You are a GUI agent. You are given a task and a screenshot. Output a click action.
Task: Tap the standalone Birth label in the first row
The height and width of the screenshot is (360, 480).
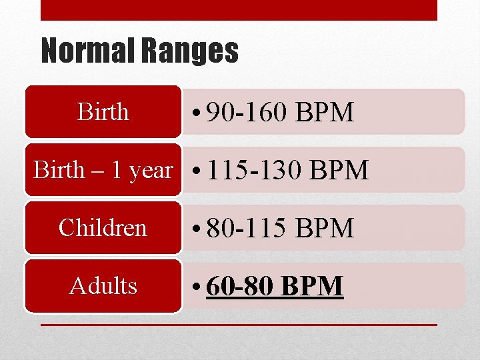click(103, 111)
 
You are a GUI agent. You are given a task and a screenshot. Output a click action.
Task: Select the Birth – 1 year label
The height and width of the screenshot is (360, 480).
click(103, 170)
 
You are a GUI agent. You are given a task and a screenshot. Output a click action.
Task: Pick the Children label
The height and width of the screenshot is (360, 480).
click(103, 228)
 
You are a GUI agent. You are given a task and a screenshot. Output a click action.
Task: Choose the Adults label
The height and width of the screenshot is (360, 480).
click(103, 285)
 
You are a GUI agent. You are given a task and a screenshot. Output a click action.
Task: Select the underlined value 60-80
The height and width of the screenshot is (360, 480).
click(241, 287)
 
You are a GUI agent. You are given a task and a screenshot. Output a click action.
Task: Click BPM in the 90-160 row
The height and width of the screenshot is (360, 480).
click(325, 113)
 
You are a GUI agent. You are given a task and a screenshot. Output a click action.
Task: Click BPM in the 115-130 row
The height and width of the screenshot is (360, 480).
click(339, 171)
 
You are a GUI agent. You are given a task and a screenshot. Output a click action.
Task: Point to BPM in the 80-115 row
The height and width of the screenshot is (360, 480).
click(325, 229)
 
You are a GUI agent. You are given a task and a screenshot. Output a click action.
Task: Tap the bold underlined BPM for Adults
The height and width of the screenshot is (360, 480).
click(312, 287)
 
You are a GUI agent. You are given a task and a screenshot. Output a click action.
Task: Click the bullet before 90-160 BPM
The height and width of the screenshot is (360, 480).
click(198, 113)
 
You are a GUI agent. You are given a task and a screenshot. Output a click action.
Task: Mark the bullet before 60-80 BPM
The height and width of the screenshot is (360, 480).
click(198, 287)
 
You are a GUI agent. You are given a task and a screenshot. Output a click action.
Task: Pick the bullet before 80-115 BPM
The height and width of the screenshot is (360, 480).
click(198, 229)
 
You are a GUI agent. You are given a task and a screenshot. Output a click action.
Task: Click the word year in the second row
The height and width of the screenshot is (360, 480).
click(151, 171)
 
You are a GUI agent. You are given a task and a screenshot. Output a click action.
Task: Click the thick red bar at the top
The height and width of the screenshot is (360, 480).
click(239, 10)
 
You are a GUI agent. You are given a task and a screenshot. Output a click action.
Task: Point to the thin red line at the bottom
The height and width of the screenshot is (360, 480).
click(239, 325)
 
